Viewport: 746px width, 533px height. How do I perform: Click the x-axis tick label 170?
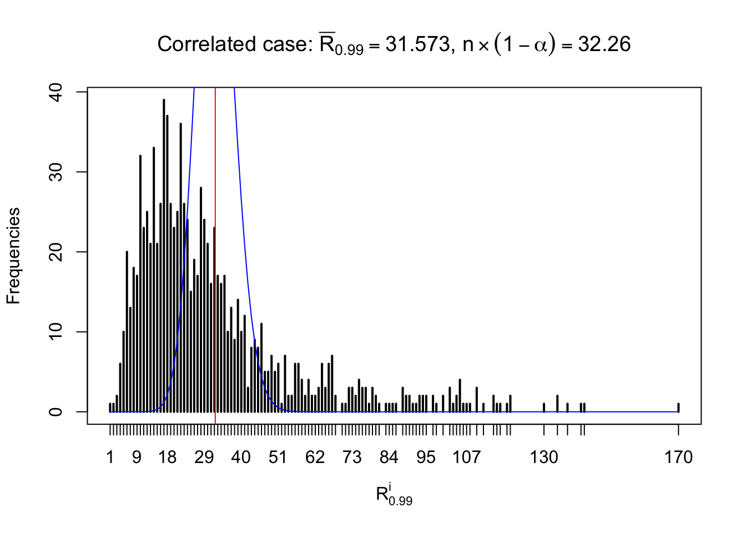click(678, 457)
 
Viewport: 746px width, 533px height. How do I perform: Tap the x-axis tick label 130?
click(544, 457)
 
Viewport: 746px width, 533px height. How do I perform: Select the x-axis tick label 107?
click(466, 457)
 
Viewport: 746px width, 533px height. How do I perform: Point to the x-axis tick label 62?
click(315, 457)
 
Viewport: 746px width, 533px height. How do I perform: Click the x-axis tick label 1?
click(110, 457)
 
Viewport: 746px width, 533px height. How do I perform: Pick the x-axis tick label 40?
click(241, 457)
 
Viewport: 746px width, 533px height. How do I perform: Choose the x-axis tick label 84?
click(389, 457)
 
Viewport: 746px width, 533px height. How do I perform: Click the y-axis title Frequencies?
click(13, 256)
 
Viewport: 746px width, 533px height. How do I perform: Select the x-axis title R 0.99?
click(394, 495)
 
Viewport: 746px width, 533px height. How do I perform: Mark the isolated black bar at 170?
click(678, 408)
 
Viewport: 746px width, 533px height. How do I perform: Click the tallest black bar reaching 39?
click(164, 255)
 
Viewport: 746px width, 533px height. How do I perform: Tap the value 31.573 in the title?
click(418, 44)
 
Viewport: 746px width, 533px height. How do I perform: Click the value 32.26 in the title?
click(604, 44)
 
